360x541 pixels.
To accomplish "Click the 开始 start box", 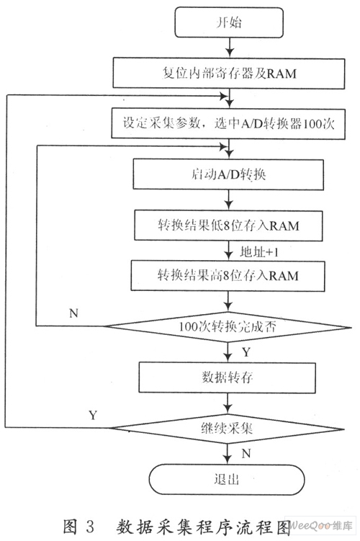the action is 229,22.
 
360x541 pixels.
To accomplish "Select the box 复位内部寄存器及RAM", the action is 229,73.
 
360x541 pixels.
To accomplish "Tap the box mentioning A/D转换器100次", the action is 228,123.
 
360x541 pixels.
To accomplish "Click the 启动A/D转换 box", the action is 228,174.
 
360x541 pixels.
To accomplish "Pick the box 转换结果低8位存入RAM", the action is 228,225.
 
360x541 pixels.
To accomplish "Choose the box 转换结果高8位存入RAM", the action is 228,276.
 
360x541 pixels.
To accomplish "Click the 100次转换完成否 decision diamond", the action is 228,326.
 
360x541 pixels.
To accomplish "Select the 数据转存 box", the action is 228,377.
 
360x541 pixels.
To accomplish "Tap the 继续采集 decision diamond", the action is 227,429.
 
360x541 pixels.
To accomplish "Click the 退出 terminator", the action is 227,480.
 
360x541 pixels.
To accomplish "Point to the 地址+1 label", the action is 259,252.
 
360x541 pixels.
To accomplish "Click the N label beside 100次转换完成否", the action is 73,313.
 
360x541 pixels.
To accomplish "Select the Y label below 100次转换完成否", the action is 246,352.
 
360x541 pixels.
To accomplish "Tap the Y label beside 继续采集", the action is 93,415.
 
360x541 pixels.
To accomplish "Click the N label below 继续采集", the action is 246,453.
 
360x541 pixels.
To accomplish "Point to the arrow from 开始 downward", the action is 229,48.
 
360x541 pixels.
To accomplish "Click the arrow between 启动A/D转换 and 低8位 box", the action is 229,200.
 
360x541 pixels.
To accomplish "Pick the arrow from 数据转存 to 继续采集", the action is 228,403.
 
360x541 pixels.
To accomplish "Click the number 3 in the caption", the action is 90,527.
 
